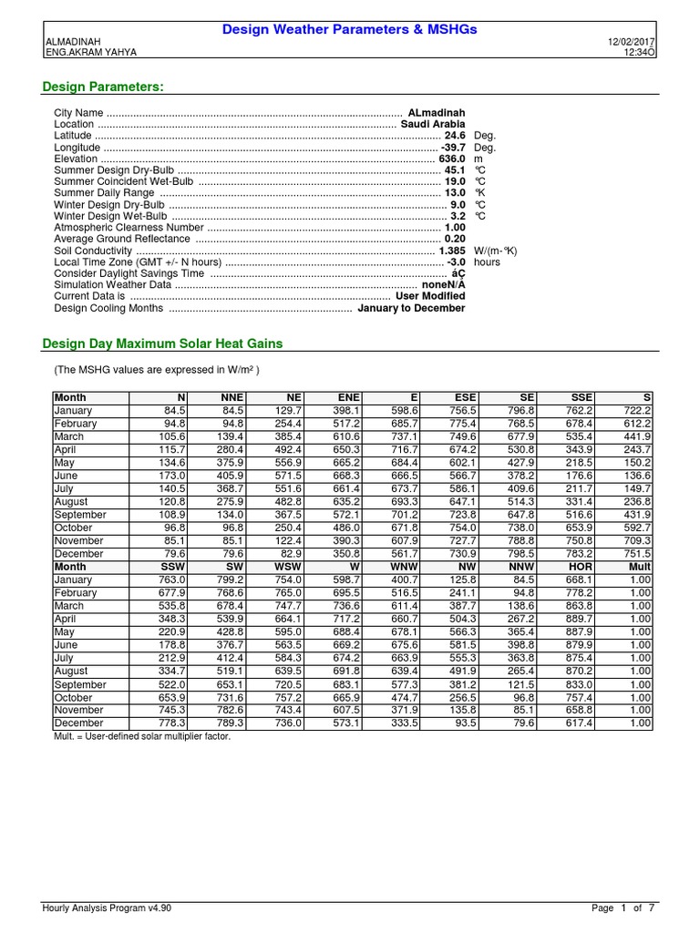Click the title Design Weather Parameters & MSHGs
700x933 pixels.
tap(350, 30)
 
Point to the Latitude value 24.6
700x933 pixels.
tap(454, 135)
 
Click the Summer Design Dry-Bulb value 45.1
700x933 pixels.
tap(454, 170)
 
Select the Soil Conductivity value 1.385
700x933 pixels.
tap(452, 251)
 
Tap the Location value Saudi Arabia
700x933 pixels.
tap(433, 124)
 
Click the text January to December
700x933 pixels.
tap(411, 308)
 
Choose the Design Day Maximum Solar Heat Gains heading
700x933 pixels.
tap(163, 343)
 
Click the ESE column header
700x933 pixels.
tap(465, 397)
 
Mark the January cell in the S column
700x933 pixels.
tap(639, 410)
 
